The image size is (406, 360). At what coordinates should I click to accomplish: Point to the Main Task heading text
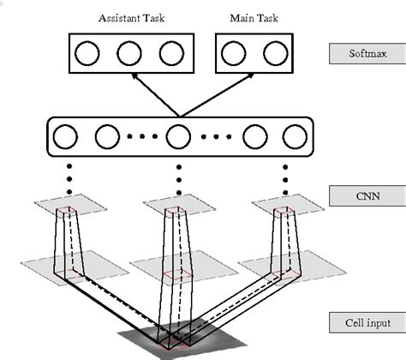(248, 18)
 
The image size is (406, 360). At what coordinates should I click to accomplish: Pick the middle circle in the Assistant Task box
(128, 54)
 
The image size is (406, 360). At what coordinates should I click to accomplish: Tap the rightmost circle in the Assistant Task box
(169, 54)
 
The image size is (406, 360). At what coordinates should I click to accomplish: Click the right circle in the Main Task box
(272, 54)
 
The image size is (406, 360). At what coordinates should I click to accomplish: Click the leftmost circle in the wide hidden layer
(66, 136)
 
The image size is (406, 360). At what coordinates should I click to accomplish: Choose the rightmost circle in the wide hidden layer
(294, 136)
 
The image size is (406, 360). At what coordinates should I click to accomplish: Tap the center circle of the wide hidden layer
(178, 136)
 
